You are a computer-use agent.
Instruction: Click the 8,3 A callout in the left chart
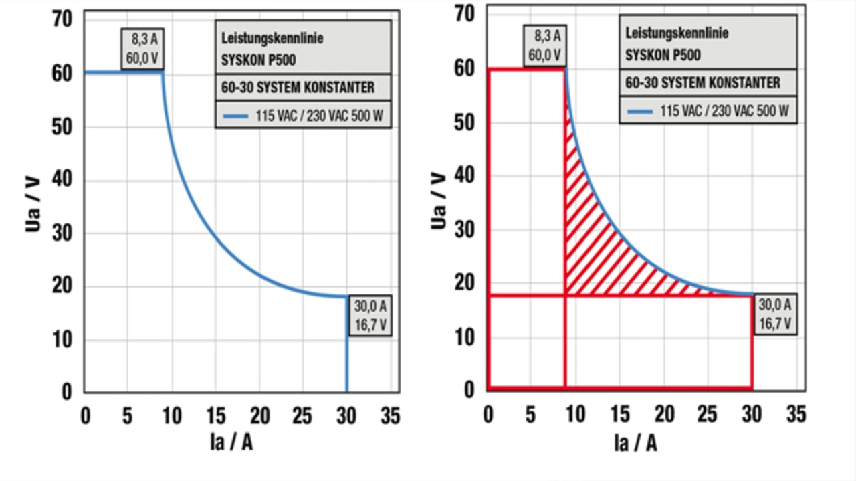[x=142, y=49]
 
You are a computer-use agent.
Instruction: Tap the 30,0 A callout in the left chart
[x=370, y=316]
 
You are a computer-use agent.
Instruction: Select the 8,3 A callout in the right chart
[x=546, y=45]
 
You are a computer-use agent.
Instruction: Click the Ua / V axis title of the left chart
[x=33, y=204]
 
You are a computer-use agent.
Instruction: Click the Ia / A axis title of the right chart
[x=635, y=443]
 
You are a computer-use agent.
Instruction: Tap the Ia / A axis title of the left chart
[x=231, y=442]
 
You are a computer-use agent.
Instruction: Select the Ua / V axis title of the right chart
[x=438, y=201]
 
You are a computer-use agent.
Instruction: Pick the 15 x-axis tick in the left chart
[x=215, y=416]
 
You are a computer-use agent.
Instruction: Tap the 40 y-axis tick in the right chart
[x=464, y=176]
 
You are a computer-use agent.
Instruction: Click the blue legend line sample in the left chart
[x=235, y=116]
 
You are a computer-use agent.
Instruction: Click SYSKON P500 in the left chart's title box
[x=258, y=59]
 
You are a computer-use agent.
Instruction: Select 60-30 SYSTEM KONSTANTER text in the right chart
[x=702, y=83]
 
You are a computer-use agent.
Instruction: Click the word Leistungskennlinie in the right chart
[x=677, y=32]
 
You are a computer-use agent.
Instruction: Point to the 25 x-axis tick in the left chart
[x=303, y=416]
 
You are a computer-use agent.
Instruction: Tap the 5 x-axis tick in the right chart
[x=530, y=415]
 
